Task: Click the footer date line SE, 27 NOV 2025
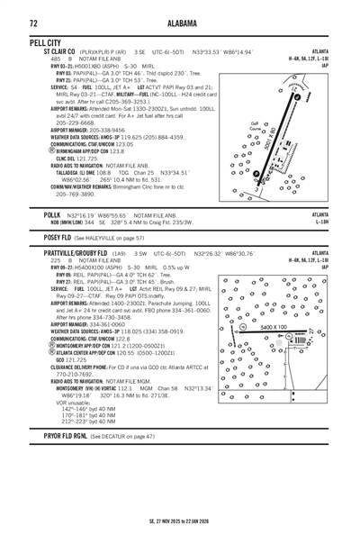[x=180, y=520]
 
